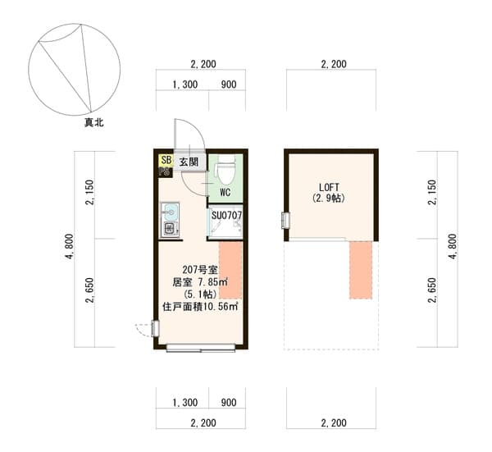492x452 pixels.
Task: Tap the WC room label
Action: coord(225,192)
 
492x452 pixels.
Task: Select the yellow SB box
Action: coord(166,161)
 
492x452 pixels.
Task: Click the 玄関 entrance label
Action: coord(189,162)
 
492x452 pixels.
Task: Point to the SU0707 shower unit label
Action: coord(226,216)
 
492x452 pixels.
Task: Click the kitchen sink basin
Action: coord(170,212)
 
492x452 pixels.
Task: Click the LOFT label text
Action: coord(329,187)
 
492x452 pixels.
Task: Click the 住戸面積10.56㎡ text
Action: coord(200,306)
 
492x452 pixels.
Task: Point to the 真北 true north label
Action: coord(93,122)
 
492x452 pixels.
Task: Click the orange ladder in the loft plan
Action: coord(361,270)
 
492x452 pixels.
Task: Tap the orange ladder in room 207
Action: coord(230,270)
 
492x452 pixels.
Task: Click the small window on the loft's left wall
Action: coord(285,221)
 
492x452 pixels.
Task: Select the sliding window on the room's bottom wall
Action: coord(201,348)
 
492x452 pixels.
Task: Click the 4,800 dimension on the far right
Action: coord(452,246)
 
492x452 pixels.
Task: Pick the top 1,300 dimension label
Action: coord(185,84)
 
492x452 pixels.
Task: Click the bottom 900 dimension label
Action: coord(229,403)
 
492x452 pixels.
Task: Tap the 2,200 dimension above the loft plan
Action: coord(334,64)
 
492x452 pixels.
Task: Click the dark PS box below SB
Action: coord(165,172)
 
